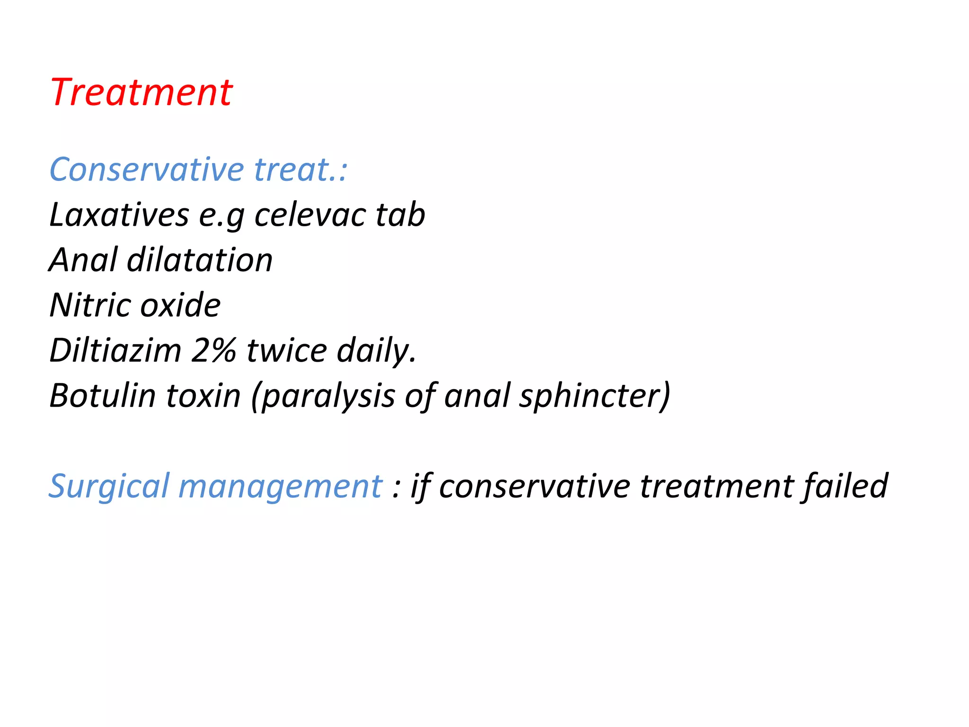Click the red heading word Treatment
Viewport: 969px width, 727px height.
click(141, 92)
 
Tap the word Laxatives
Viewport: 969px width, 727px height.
click(119, 215)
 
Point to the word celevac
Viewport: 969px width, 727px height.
click(310, 215)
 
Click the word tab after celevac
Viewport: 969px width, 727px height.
click(400, 215)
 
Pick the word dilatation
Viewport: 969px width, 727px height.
click(200, 260)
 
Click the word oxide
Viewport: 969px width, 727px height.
click(180, 305)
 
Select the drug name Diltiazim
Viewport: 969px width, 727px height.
click(115, 351)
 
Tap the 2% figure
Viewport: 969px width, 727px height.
click(213, 351)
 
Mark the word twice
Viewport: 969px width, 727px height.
click(287, 351)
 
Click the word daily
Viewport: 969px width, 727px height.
click(377, 351)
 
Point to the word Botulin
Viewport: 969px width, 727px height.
click(103, 396)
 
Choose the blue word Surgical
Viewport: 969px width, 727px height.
click(109, 487)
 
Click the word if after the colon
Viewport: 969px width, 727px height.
click(421, 487)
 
